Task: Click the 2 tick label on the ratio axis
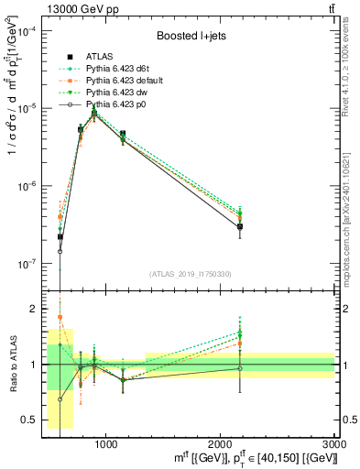click(33, 310)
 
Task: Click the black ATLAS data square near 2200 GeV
click(240, 226)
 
